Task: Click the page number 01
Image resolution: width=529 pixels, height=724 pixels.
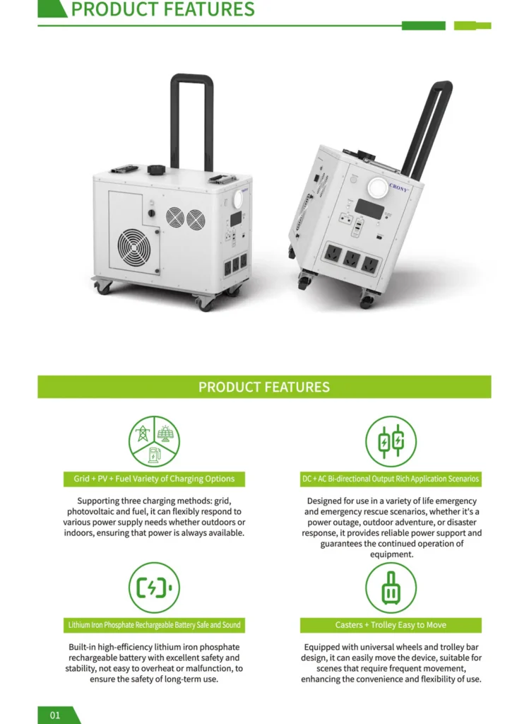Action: point(55,716)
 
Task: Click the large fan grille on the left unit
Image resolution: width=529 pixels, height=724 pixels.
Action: point(133,247)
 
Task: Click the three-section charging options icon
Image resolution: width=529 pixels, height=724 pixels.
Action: point(154,441)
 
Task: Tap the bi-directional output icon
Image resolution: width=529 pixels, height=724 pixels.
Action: point(391,441)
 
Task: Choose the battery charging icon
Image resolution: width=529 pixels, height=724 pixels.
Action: point(154,588)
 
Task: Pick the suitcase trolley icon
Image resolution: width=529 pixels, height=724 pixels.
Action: point(391,588)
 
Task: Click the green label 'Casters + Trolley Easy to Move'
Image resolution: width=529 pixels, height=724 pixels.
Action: point(391,625)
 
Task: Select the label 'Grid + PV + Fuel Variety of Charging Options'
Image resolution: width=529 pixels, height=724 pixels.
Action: point(154,479)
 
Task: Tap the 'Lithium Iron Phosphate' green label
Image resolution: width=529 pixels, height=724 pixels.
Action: point(154,625)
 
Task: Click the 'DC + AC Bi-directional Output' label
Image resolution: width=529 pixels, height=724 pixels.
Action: point(391,479)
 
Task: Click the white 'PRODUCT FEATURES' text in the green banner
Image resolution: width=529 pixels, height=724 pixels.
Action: point(264,387)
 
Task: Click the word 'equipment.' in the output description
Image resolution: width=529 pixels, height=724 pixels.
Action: point(391,554)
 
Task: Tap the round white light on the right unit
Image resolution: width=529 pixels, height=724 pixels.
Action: point(377,188)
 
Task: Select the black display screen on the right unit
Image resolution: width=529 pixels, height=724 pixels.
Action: point(369,209)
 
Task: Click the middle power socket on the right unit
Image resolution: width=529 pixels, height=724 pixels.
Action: point(352,259)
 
